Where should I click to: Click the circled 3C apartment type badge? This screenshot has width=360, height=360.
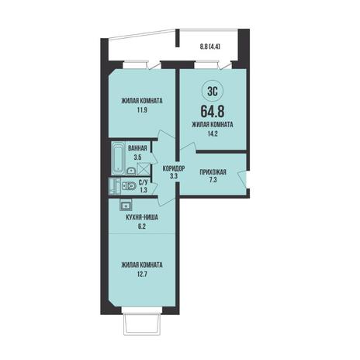point(212,92)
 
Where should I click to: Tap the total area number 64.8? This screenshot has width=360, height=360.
point(213,112)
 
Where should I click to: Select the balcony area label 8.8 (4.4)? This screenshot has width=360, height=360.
point(209,47)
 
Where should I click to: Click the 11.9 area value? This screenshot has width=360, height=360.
point(142,110)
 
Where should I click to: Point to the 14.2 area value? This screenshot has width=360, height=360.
point(213,133)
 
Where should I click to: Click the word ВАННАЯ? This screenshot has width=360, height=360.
point(137,148)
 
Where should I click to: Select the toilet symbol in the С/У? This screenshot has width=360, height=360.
point(129,186)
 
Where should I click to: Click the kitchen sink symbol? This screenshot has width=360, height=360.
point(126,205)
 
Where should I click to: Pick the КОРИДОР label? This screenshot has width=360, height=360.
point(174,169)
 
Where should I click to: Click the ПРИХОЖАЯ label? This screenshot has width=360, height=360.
point(213,171)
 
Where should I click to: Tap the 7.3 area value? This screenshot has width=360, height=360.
point(213,180)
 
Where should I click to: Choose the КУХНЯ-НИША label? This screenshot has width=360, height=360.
point(142,217)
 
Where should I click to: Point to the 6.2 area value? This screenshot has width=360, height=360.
point(142,227)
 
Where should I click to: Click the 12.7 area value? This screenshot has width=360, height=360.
point(142,274)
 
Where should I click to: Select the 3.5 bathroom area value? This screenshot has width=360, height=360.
point(137,157)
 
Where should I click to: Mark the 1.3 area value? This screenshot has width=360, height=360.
point(143,191)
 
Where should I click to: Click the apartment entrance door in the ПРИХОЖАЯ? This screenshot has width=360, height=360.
point(244,178)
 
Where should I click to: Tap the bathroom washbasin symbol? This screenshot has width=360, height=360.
point(132,171)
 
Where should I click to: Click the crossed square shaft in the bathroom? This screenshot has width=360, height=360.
point(144,168)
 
